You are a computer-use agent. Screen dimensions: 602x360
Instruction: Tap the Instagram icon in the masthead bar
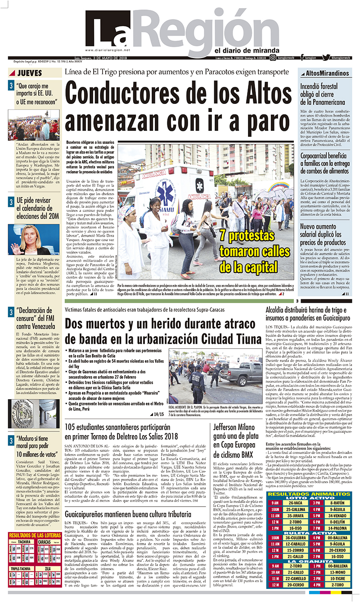coord(273,57)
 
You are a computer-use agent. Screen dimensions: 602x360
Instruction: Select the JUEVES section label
coord(30,72)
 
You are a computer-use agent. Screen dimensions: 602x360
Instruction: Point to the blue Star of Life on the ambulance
coord(199,185)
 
